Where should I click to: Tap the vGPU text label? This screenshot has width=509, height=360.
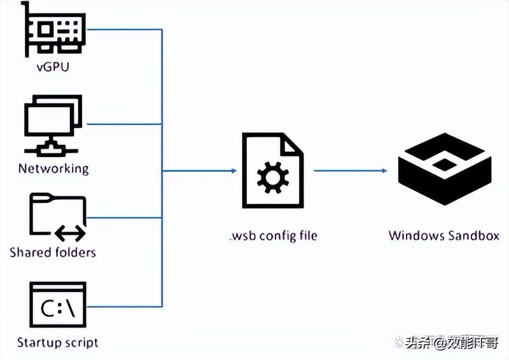[53, 66]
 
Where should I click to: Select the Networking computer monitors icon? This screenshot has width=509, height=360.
[53, 125]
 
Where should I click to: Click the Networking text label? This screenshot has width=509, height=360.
[53, 169]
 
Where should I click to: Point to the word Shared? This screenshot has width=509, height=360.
[29, 253]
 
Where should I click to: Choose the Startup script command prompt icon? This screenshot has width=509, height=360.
[57, 305]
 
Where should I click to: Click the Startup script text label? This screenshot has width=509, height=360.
[57, 342]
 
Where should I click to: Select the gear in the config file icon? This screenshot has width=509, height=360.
[273, 177]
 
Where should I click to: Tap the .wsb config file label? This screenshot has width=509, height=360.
[273, 236]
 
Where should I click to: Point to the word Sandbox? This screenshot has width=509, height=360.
[473, 236]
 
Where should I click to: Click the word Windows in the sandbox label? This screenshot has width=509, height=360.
[416, 236]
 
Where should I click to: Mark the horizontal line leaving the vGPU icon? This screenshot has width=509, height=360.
[124, 30]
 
